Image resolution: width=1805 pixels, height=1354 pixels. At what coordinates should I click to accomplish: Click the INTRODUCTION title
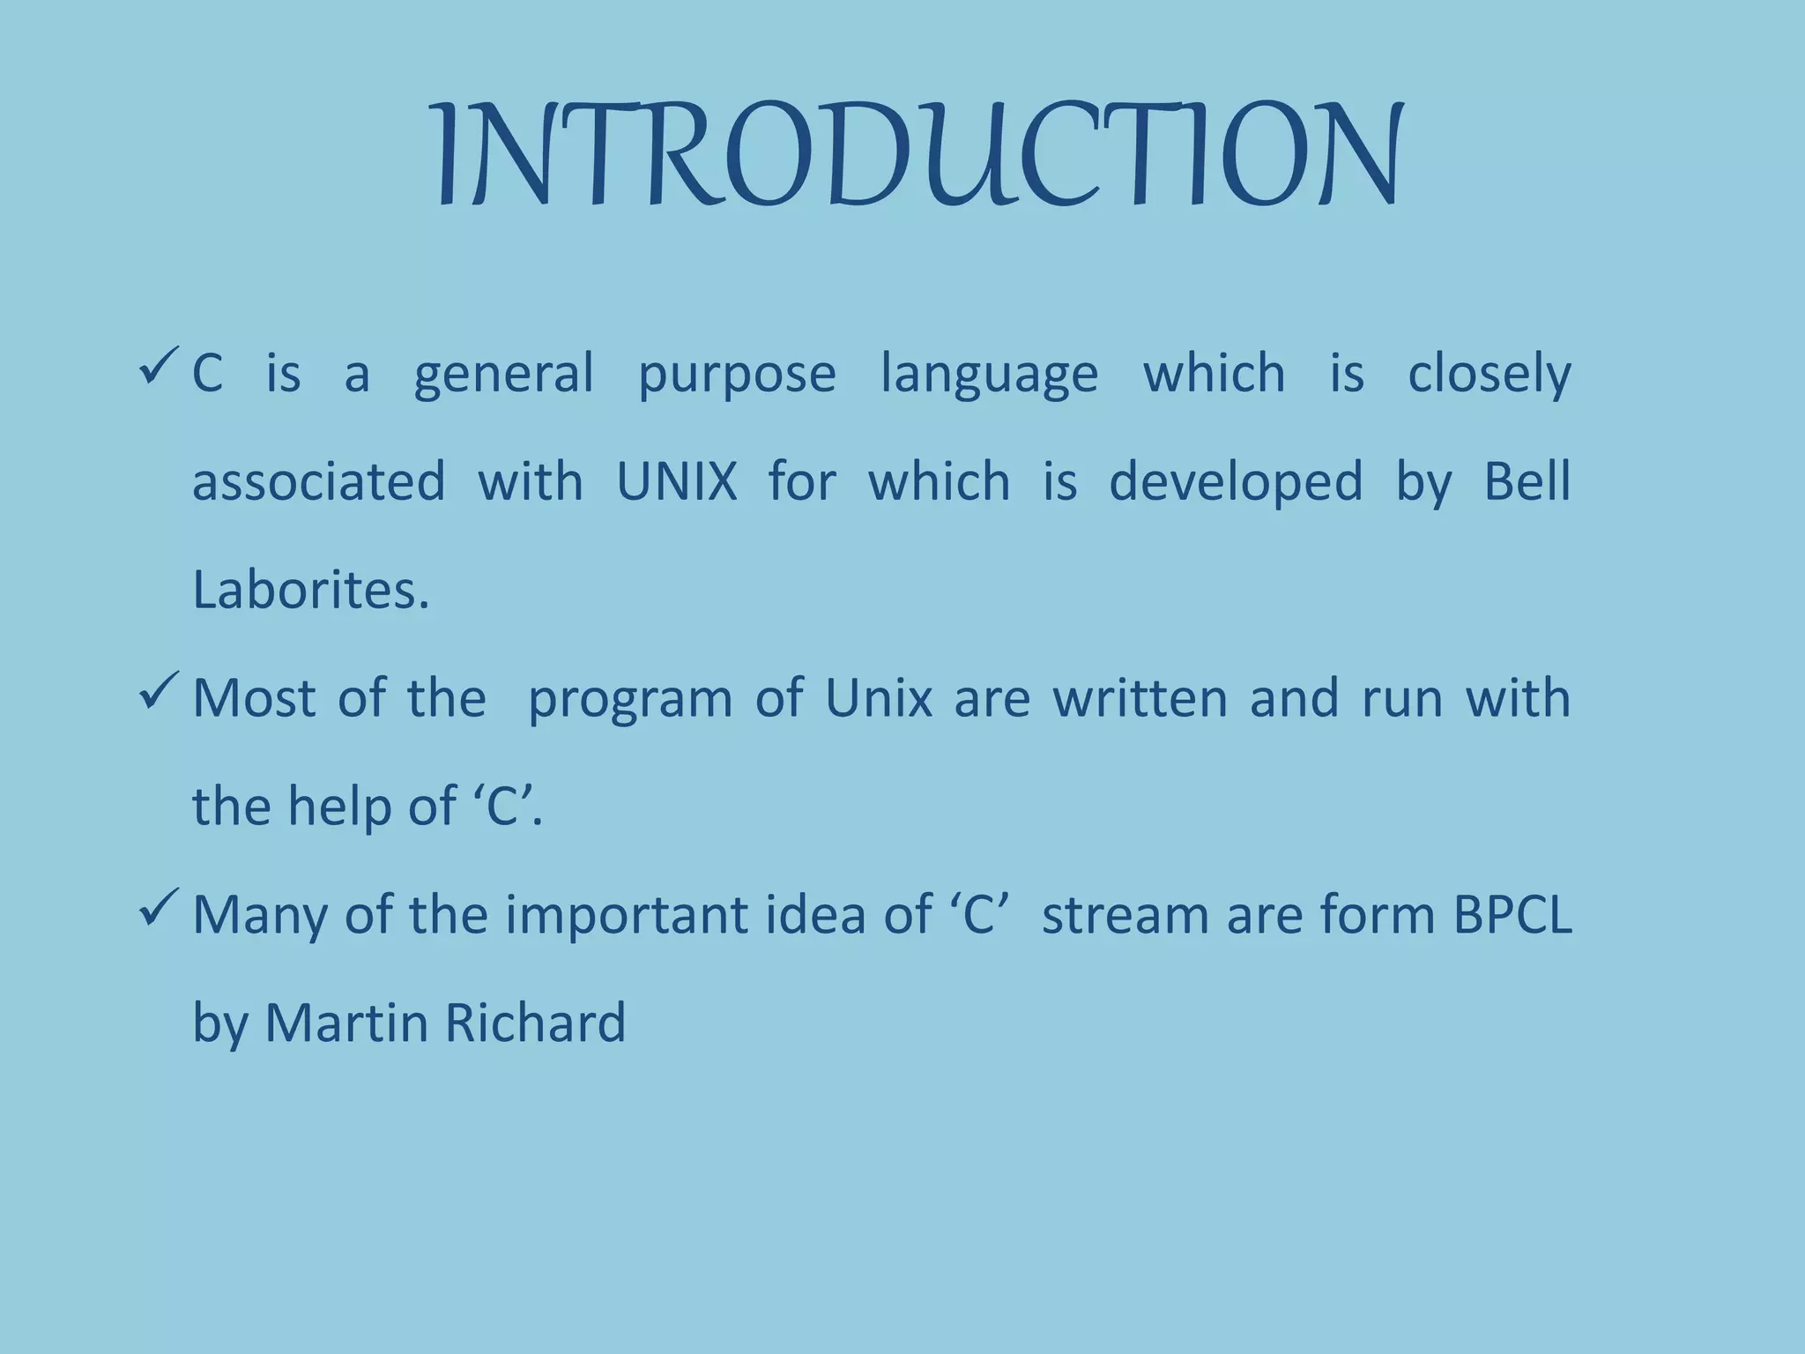pos(918,157)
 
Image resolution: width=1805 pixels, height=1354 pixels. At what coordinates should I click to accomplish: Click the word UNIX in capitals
pos(676,482)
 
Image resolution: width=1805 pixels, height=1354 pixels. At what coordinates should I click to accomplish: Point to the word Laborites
pos(310,590)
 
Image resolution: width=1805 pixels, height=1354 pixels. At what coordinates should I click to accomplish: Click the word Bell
pos(1526,482)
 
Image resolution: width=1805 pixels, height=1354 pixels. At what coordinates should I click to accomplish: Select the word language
pos(989,374)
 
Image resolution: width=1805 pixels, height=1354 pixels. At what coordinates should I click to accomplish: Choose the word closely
pos(1489,374)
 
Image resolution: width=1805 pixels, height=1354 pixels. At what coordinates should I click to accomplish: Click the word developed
pos(1235,484)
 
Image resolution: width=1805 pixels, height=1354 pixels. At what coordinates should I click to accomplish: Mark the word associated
pos(318,482)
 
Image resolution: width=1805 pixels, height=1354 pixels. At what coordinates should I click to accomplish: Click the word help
pos(338,807)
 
